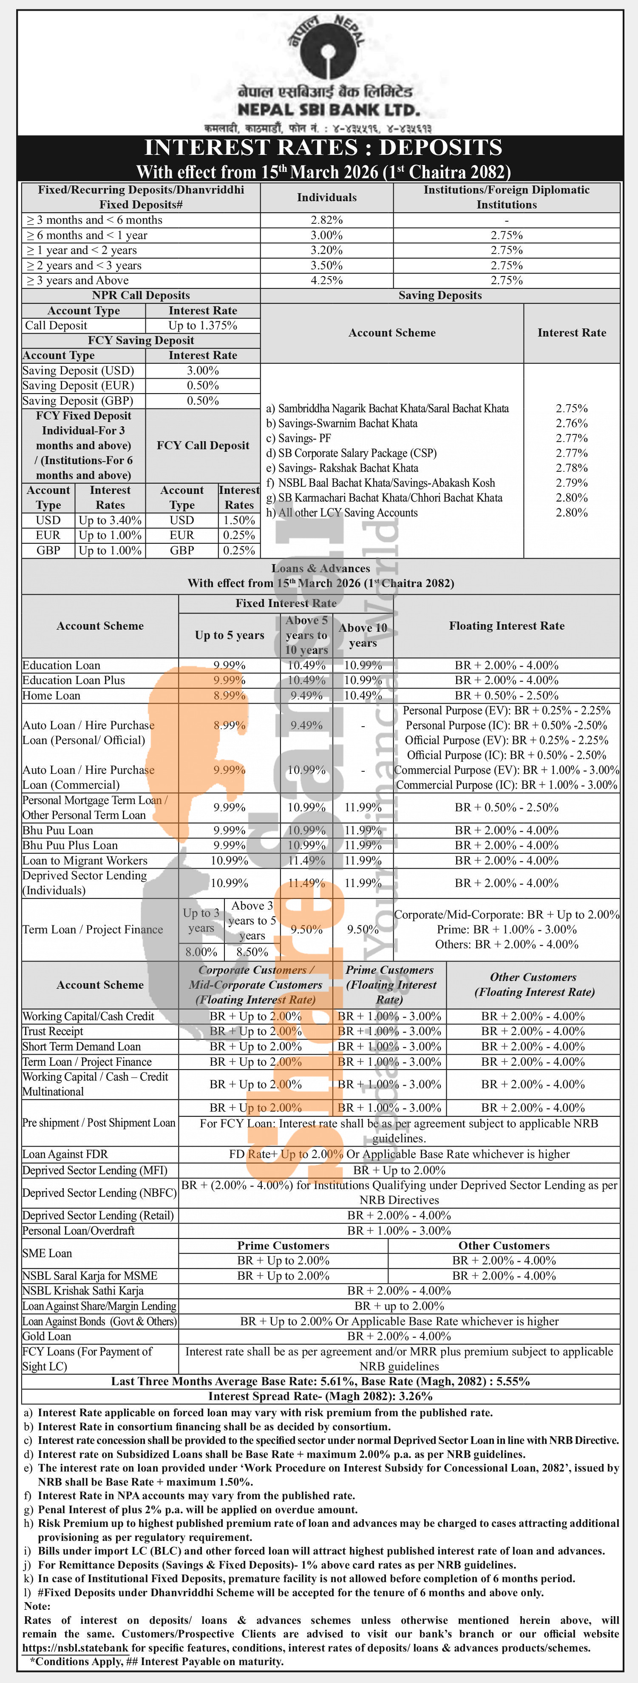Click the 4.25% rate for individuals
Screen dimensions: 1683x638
point(326,280)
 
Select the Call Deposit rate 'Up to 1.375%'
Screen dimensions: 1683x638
point(202,325)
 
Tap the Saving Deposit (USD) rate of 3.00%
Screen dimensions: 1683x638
point(202,371)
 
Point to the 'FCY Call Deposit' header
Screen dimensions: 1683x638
point(202,445)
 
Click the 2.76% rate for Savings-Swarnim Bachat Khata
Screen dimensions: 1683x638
point(571,423)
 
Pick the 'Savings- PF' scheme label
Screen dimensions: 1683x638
point(298,438)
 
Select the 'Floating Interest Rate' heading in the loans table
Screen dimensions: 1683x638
point(507,626)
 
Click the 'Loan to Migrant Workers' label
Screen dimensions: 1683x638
point(85,861)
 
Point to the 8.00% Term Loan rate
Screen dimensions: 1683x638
point(201,953)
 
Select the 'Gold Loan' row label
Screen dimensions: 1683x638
point(47,1336)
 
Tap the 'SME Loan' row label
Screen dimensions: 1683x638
point(47,1253)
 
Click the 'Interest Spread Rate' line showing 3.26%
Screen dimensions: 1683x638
point(320,1396)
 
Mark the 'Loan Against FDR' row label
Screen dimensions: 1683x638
point(65,1154)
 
